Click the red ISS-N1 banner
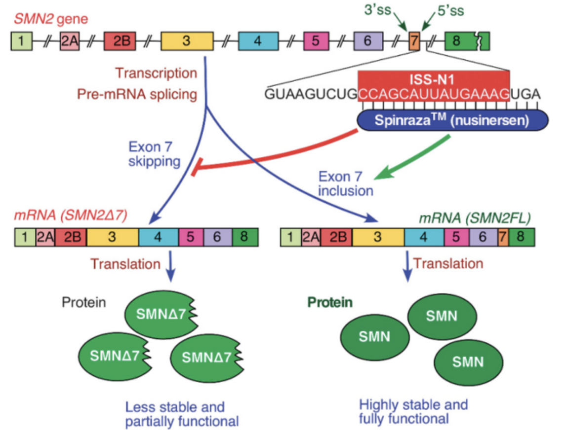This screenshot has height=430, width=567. point(433,78)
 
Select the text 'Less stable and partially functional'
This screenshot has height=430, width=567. point(182,414)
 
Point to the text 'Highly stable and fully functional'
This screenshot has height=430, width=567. point(413,412)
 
